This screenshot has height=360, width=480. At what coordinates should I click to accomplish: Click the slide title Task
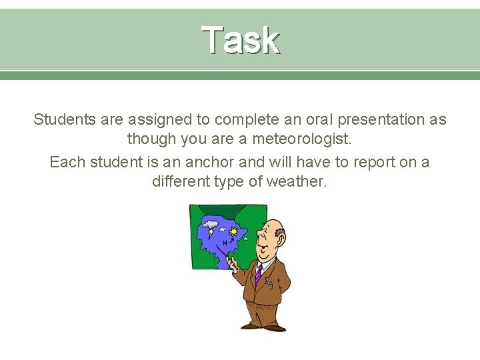(240, 39)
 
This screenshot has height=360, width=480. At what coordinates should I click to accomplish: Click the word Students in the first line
(62, 120)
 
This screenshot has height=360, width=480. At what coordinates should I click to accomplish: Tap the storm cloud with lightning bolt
(212, 227)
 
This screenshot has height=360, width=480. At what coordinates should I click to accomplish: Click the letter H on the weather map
(225, 244)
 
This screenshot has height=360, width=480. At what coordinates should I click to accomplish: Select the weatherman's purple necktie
(257, 274)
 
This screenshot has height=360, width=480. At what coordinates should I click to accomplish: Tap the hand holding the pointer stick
(234, 265)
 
